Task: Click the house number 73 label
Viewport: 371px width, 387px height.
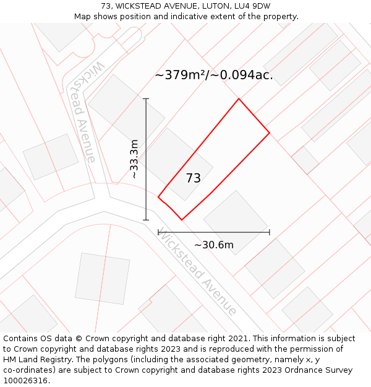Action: coord(193,178)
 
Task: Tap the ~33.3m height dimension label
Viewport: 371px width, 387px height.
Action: coord(134,159)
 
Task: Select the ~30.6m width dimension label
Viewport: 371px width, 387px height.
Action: coord(214,245)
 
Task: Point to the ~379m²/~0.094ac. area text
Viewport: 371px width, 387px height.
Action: coord(213,76)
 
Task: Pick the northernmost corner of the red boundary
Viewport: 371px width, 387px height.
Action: coord(239,98)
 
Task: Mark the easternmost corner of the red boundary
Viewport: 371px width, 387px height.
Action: coord(270,133)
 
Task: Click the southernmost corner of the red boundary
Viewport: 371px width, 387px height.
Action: coord(182,220)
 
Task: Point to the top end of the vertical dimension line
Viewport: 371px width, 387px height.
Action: coord(146,98)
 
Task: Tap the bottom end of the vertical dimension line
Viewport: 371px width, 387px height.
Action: coord(146,220)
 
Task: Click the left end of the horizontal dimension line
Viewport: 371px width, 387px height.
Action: coord(158,232)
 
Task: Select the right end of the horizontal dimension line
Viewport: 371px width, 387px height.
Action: coord(270,232)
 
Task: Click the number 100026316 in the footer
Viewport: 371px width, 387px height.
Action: coord(27,381)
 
